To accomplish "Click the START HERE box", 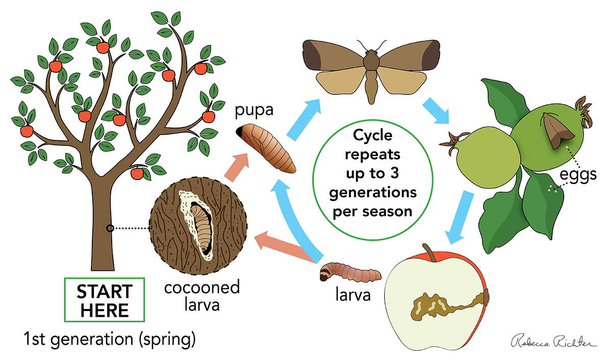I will click(x=105, y=299).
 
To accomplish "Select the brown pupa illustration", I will click(x=266, y=148).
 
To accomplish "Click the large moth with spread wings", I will click(x=371, y=66).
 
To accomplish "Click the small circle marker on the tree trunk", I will click(x=110, y=228).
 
